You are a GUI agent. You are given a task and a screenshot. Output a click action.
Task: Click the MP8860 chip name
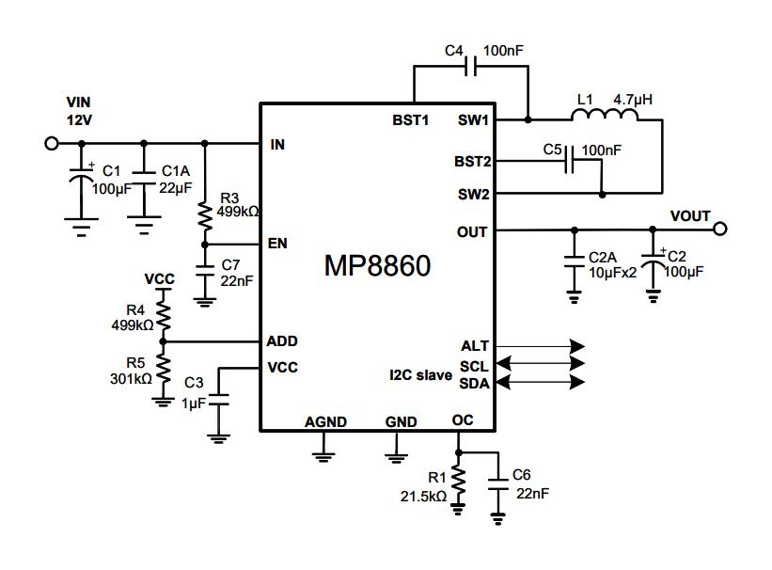tap(378, 265)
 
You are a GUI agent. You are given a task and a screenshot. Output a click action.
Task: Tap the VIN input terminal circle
tap(52, 143)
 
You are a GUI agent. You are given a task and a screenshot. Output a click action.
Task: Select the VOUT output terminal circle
tap(719, 229)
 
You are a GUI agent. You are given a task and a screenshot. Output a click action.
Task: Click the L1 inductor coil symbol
tap(605, 115)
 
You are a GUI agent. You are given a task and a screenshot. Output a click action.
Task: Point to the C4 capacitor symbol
tap(471, 66)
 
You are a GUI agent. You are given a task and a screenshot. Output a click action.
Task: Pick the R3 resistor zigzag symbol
tap(205, 215)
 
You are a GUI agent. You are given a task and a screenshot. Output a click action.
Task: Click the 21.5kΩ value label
tap(423, 496)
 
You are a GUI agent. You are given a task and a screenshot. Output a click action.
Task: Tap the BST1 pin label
tap(411, 120)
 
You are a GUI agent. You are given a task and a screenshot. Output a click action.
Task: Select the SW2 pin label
tap(474, 194)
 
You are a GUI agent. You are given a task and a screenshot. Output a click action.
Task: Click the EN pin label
tap(277, 244)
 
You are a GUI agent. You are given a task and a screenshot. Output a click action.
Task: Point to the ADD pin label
tap(282, 340)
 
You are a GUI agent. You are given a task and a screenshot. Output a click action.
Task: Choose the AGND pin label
tap(325, 421)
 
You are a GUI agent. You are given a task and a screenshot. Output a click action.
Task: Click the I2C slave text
tap(420, 375)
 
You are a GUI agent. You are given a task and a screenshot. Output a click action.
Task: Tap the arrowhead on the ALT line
tap(577, 346)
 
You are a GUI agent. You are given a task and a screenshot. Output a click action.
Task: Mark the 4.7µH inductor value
tap(633, 100)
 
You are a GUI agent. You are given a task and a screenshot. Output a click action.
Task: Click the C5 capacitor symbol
tap(569, 160)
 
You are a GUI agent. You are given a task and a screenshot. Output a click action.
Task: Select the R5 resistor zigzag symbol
tap(164, 370)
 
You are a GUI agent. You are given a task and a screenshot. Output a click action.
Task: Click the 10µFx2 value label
tap(612, 273)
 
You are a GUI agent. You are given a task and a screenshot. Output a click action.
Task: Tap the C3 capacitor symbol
tap(218, 400)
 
